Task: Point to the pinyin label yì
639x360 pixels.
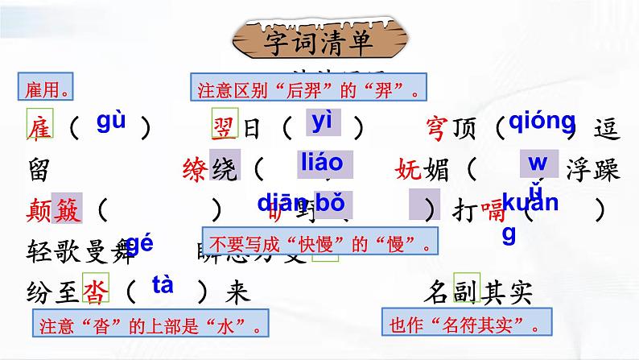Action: pos(323,122)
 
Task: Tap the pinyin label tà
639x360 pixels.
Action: pos(162,285)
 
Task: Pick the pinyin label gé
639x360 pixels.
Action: pos(139,245)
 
